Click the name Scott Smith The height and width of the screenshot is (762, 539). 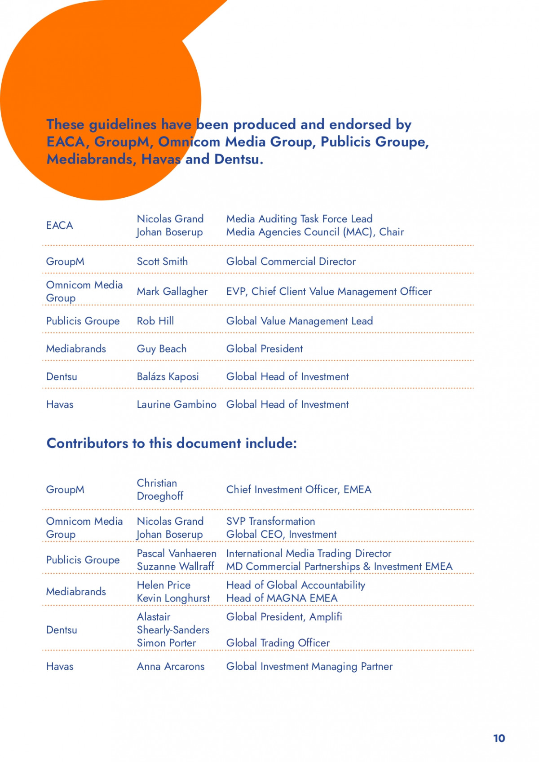[162, 261]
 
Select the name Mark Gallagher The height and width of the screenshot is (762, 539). [172, 292]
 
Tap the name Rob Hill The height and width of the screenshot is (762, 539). [155, 321]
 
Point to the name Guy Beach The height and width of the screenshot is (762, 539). [161, 349]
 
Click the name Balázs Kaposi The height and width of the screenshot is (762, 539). [168, 377]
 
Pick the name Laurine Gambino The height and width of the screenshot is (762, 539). [176, 405]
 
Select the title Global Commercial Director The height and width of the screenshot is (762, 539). [291, 261]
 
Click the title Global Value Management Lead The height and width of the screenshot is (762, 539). [299, 321]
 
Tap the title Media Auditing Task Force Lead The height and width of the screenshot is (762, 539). [299, 219]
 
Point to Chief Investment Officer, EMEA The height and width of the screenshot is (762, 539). [299, 490]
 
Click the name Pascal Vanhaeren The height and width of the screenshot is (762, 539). [176, 554]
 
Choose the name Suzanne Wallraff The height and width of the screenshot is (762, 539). [175, 567]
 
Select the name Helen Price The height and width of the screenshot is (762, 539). [163, 585]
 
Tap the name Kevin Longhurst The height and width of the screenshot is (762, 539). [173, 598]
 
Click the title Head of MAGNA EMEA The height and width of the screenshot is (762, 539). [282, 598]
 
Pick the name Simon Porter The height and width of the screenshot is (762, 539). [166, 643]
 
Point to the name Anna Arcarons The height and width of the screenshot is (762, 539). [170, 667]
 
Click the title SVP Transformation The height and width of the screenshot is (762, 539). [270, 522]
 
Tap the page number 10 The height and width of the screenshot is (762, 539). [499, 739]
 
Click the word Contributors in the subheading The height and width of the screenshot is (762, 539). [87, 443]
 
